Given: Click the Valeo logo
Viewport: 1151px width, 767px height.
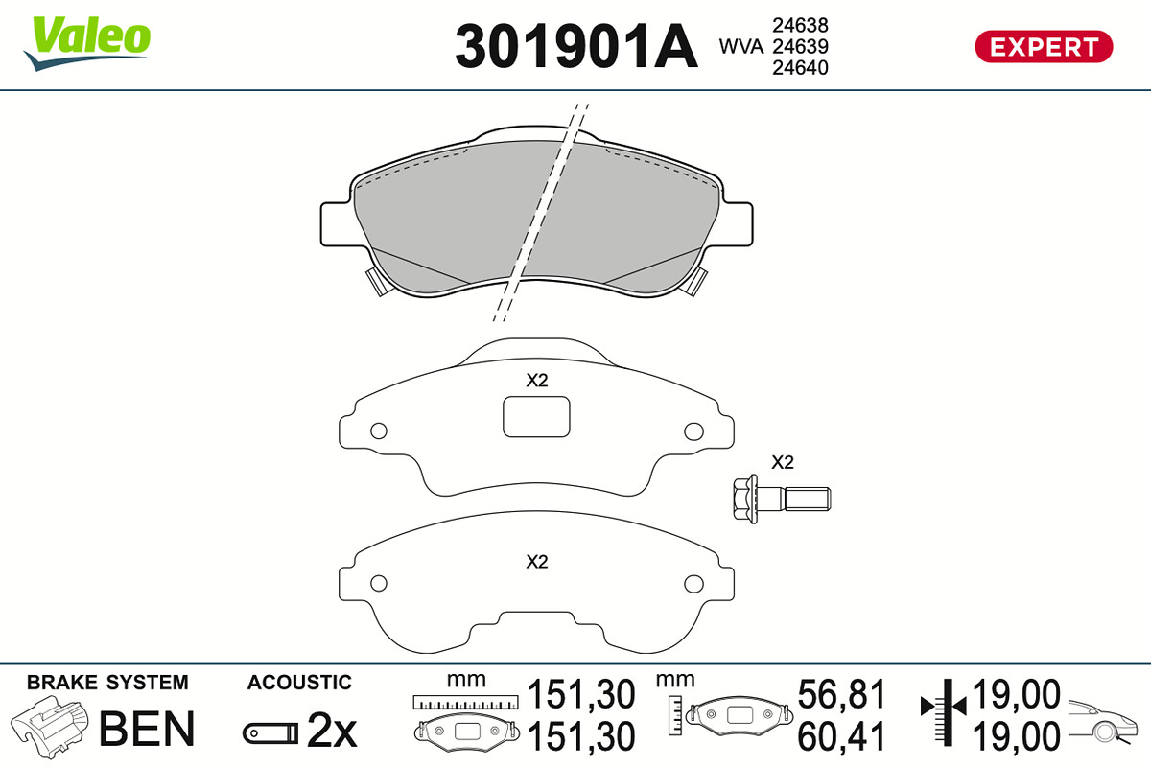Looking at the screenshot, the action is tap(87, 43).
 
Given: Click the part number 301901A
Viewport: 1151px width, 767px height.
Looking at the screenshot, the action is tap(576, 46).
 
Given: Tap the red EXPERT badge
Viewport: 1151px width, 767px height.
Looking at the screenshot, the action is tap(1044, 47).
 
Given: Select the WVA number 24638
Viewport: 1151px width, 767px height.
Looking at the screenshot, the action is tap(800, 25).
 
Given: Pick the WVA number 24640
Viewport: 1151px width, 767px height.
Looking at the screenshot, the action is tap(800, 68).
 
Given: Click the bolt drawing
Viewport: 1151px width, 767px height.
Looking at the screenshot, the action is tap(782, 499).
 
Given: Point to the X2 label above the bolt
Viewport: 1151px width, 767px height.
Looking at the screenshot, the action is tap(782, 462).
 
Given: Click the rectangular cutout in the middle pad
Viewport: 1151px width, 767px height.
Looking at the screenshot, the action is tap(536, 417).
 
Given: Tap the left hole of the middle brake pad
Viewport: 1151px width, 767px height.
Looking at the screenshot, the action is tap(379, 430).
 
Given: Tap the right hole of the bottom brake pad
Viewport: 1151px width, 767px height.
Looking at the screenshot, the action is tap(693, 583).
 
